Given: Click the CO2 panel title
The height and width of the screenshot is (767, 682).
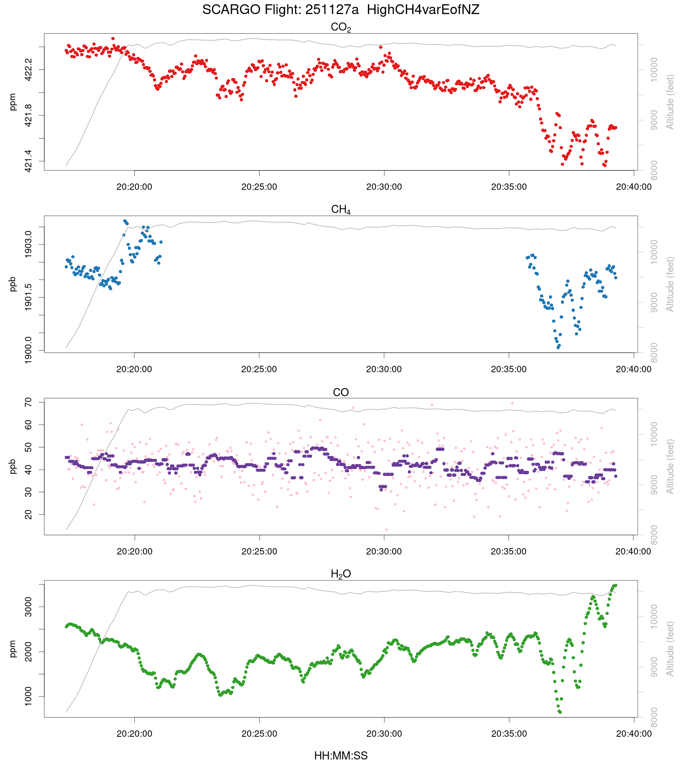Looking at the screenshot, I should pos(341,27).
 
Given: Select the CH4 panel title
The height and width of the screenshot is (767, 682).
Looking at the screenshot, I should pos(341,210).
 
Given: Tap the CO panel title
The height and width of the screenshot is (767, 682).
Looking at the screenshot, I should pos(341,392).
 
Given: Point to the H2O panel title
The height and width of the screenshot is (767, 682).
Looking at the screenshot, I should pos(341,574).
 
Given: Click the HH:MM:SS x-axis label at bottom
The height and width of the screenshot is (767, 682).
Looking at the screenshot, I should pos(341,756).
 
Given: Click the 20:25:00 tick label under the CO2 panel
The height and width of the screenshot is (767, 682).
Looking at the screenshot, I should pos(259,187).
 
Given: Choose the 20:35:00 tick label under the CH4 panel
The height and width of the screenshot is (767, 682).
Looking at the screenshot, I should pos(509,369).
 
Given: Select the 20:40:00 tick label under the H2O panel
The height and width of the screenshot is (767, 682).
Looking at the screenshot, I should pos(633,734).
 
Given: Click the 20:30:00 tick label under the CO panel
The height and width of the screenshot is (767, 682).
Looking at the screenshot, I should pos(384,551).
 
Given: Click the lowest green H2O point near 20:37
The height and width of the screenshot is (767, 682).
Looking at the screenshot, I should pos(560,712).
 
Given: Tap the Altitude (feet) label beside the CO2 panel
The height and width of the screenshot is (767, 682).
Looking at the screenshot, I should pos(670,102).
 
